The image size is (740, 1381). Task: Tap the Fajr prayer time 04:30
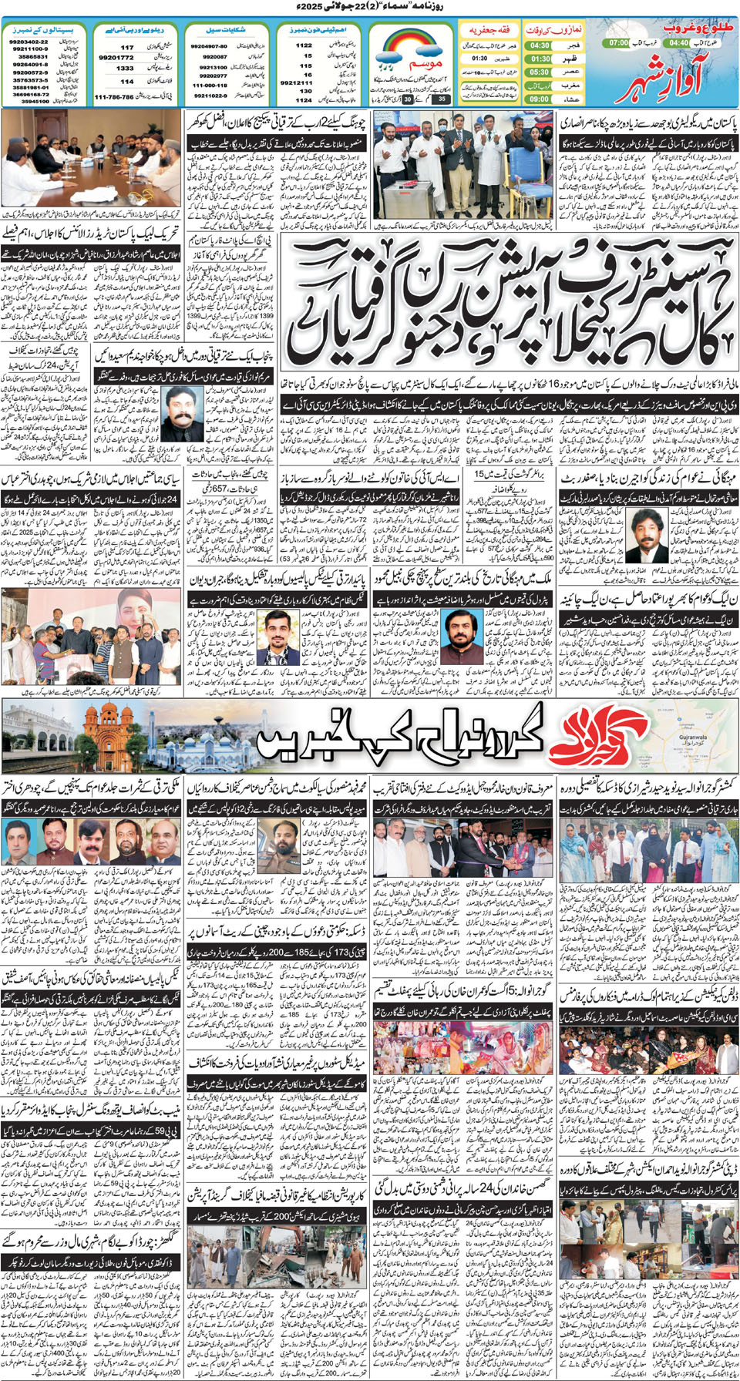[540, 45]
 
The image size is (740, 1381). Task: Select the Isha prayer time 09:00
[540, 99]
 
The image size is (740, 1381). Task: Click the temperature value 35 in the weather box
[442, 99]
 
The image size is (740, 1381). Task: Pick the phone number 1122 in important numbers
[304, 45]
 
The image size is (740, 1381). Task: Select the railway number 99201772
[116, 58]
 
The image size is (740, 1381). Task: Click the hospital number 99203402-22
[29, 41]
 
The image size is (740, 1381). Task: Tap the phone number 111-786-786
[114, 98]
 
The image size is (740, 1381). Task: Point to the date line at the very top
[370, 6]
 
